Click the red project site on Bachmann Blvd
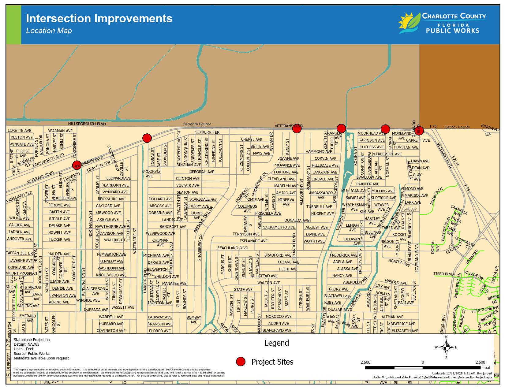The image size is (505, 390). click(x=77, y=165)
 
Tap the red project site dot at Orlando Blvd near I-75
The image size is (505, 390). click(x=419, y=130)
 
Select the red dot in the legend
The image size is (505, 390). click(x=241, y=362)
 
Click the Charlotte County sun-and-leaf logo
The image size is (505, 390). click(x=409, y=23)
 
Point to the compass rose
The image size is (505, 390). click(x=446, y=347)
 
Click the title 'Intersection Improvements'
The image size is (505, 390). click(x=99, y=18)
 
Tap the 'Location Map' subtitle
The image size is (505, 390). click(x=49, y=31)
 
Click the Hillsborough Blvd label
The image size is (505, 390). click(x=87, y=124)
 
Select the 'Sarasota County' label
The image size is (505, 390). click(x=197, y=124)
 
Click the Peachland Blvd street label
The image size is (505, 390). click(x=233, y=248)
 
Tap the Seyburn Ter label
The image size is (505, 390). click(x=207, y=132)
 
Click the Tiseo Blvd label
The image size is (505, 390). click(x=443, y=274)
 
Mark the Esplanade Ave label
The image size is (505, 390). click(x=253, y=241)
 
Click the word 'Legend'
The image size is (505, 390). click(x=276, y=343)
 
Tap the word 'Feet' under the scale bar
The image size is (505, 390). click(x=486, y=367)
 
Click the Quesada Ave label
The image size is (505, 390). click(x=96, y=310)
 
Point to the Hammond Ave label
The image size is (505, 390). click(x=319, y=151)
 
